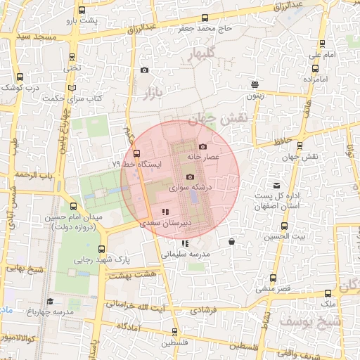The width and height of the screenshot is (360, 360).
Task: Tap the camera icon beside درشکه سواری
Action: [x=189, y=177]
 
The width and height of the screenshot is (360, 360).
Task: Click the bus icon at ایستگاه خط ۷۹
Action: [x=136, y=153]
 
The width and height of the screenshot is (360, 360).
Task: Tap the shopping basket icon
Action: [x=231, y=242]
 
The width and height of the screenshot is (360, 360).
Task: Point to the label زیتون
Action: [x=255, y=94]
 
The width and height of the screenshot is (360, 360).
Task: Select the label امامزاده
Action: [x=317, y=79]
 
